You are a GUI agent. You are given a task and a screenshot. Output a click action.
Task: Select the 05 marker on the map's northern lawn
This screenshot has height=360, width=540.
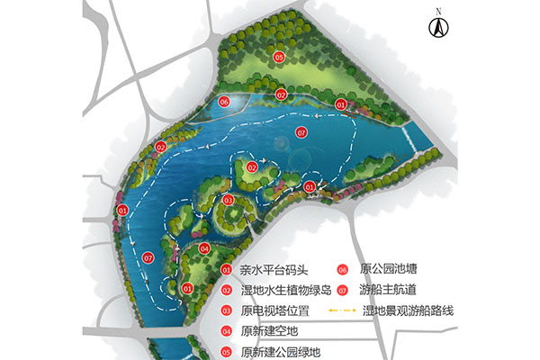tap(280, 58)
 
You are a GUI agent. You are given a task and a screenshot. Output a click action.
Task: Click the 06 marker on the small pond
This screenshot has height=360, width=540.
tap(224, 103)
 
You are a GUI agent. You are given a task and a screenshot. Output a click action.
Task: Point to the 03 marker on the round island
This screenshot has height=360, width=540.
tap(229, 200)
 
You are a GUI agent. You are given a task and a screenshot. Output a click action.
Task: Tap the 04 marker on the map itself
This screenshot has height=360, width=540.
tap(205, 249)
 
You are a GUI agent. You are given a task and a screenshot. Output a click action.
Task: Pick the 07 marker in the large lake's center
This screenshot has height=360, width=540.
tap(302, 132)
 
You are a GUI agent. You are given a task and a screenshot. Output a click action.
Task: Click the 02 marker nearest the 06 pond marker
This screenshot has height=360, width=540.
tap(281, 94)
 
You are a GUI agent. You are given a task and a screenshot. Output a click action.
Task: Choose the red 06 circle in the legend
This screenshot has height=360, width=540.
tap(343, 269)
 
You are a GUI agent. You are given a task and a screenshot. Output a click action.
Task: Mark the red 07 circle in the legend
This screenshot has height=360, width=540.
tap(343, 290)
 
